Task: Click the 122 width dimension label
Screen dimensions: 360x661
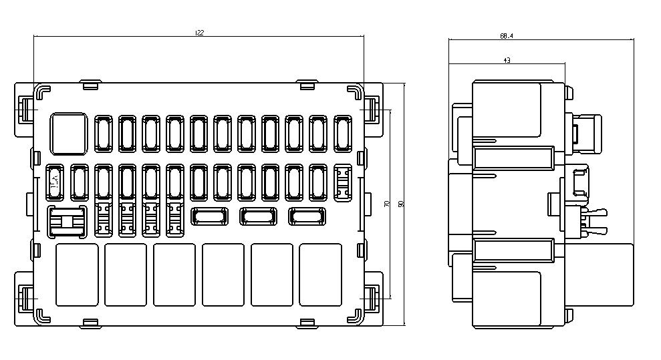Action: [x=199, y=32]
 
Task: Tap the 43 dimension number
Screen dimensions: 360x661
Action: [x=507, y=61]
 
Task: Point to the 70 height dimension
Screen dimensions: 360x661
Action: [x=387, y=204]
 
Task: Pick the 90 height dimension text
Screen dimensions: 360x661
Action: [x=401, y=204]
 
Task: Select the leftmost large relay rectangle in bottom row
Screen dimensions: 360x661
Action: [x=77, y=275]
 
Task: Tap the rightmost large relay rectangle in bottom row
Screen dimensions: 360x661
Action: [x=320, y=275]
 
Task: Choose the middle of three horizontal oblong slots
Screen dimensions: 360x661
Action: [x=258, y=216]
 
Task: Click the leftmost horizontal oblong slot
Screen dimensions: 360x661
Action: [x=209, y=216]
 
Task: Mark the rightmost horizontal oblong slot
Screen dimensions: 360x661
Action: [x=307, y=216]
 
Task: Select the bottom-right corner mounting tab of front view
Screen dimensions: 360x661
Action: [x=373, y=299]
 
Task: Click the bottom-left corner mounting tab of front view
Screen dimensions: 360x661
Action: [x=25, y=299]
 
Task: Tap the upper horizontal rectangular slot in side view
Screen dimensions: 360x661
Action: [x=514, y=158]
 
